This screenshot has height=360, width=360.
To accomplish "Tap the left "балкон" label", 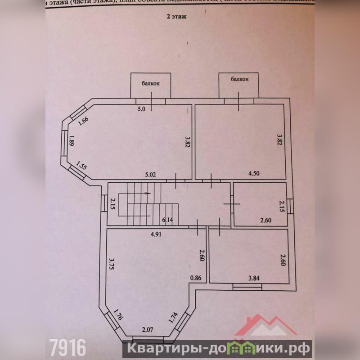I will [150, 83].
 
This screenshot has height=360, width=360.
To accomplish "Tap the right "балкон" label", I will [239, 79].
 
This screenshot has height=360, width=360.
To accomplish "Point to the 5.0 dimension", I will [142, 108].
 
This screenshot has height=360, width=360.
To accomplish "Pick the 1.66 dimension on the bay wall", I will [82, 121].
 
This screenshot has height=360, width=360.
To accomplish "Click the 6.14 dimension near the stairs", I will [168, 220].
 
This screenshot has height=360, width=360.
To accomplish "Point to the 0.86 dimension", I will [196, 278].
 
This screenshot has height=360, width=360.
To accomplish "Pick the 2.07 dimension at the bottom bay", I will [148, 331].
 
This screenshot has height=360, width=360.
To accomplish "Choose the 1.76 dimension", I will [118, 314].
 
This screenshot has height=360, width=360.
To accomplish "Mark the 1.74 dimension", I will [173, 318].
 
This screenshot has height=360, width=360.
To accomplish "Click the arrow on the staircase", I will [148, 193].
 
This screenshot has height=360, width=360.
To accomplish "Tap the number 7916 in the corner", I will [67, 347].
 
